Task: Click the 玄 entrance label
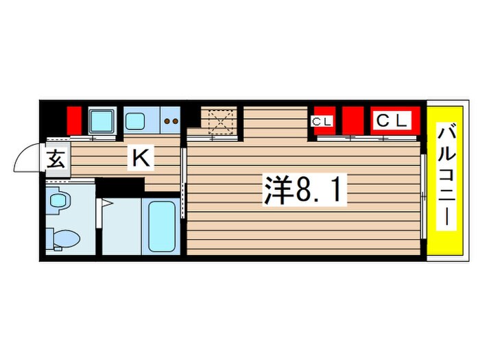(x=56, y=159)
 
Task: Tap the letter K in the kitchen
(x=141, y=159)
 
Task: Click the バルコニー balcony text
(x=445, y=177)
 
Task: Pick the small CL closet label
(x=322, y=122)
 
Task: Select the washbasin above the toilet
(x=60, y=200)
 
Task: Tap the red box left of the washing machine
(x=74, y=121)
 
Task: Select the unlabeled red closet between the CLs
(x=352, y=121)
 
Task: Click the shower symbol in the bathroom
(x=107, y=204)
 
